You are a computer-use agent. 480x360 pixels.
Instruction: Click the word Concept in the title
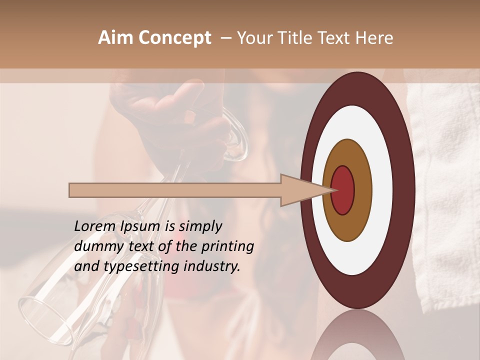pyautogui.click(x=175, y=38)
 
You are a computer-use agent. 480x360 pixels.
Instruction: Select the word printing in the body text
pyautogui.click(x=228, y=247)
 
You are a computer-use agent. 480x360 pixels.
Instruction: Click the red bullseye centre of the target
pyautogui.click(x=343, y=190)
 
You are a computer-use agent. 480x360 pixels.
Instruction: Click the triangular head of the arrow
pyautogui.click(x=300, y=190)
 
